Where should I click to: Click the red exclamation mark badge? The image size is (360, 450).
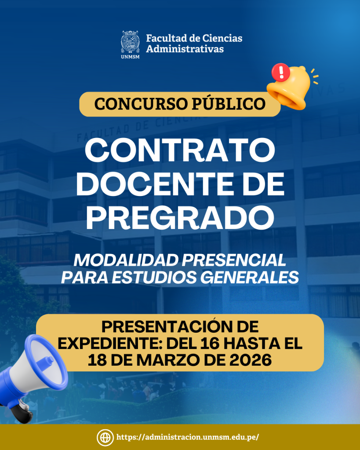click(281, 73)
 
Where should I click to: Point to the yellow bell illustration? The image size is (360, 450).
click(290, 87)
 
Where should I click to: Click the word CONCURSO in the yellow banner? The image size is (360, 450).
click(141, 104)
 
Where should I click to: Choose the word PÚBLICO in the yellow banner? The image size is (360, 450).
click(229, 103)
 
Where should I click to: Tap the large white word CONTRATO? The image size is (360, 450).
click(180, 151)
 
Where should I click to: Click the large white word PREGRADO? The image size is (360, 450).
click(180, 217)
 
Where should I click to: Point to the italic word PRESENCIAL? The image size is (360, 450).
click(234, 260)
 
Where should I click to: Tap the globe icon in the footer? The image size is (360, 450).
click(105, 437)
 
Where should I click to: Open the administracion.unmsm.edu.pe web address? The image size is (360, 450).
click(188, 437)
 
